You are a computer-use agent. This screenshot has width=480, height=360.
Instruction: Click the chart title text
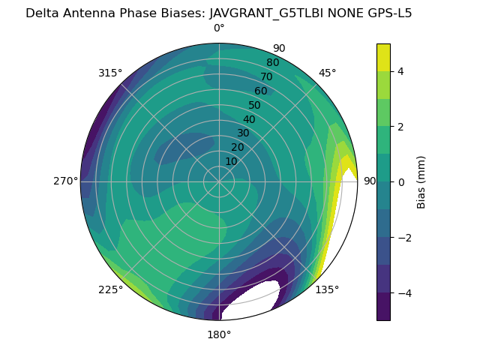click(219, 13)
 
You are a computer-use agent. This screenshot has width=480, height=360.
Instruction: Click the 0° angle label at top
click(219, 28)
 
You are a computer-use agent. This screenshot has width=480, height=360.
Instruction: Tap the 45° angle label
click(327, 73)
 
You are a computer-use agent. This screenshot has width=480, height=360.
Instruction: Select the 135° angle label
click(327, 289)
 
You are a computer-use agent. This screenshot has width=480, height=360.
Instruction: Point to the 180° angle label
click(219, 334)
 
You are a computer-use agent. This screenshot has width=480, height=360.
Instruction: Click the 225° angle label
click(110, 290)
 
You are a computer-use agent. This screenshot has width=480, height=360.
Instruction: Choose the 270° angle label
click(65, 181)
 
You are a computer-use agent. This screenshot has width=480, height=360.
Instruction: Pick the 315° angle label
click(110, 73)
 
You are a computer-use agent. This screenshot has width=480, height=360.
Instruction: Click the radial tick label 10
click(231, 161)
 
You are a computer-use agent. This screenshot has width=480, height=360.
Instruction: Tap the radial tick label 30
click(243, 133)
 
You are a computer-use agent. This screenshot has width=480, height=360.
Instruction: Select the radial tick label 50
click(255, 105)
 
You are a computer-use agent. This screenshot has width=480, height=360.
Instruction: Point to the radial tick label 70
click(267, 76)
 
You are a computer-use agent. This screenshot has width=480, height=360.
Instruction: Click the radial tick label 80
click(273, 63)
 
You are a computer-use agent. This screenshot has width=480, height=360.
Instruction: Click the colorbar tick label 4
click(400, 71)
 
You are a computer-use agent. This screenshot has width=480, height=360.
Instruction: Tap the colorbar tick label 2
click(400, 127)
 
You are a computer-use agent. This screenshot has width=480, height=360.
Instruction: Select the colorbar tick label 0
click(400, 181)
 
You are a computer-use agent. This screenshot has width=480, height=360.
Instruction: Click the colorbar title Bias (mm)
click(421, 181)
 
